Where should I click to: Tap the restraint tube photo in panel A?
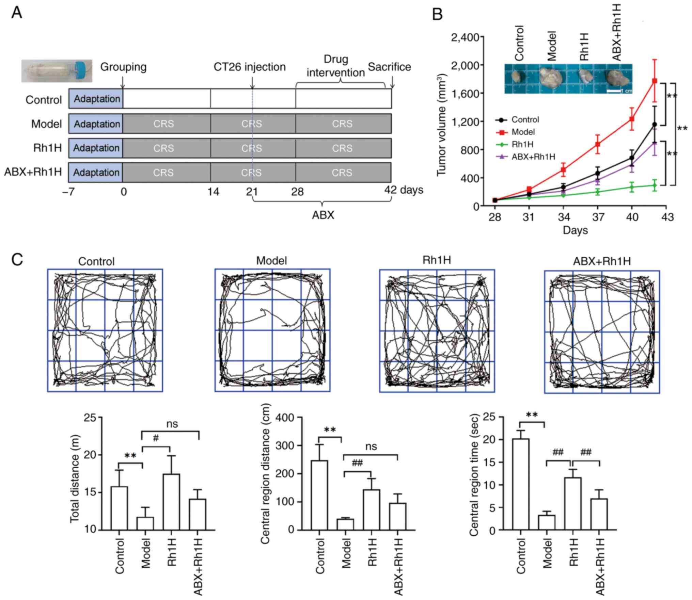click(57, 71)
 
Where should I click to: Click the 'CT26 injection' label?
click(250, 67)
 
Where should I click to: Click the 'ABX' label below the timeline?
click(323, 215)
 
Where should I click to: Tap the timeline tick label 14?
click(213, 192)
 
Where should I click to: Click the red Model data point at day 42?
click(655, 81)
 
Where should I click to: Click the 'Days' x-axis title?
click(575, 230)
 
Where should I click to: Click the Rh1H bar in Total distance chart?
click(171, 502)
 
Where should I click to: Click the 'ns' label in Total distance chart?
click(172, 424)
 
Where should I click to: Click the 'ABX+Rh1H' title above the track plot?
click(602, 261)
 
